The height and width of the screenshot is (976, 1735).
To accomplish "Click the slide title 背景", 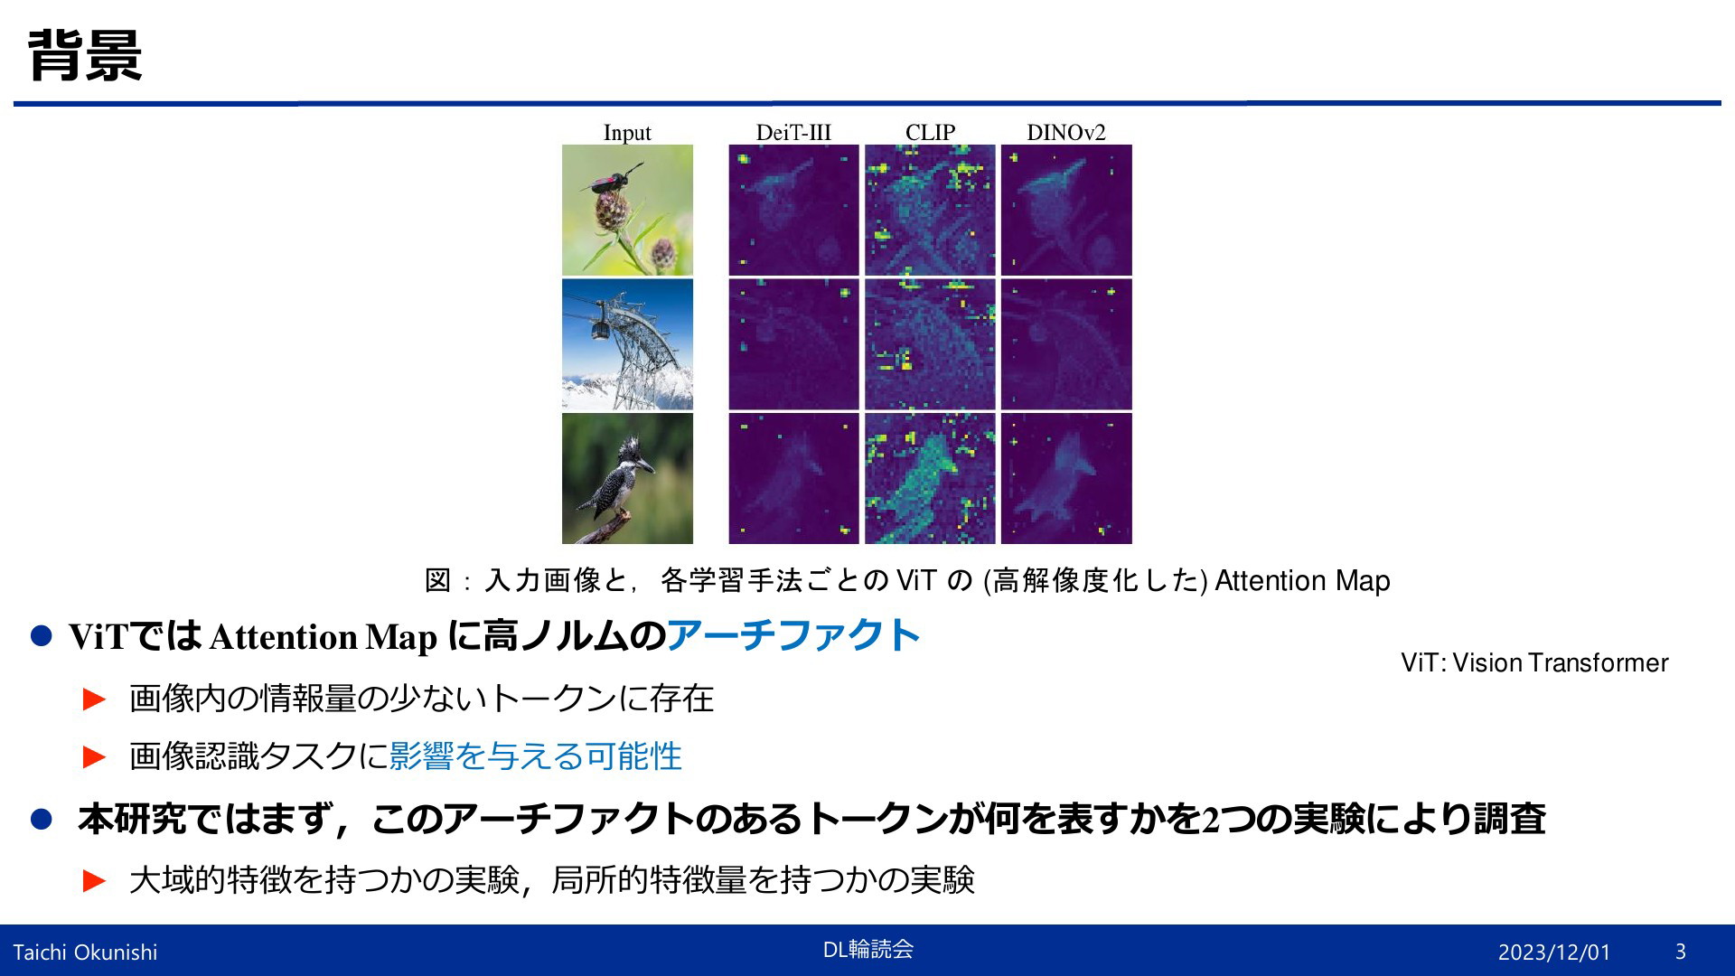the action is tap(85, 55).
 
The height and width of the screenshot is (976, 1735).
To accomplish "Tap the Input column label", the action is tap(627, 133).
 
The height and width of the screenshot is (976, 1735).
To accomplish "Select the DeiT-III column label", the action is tap(793, 133).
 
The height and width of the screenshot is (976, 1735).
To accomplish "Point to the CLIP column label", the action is tap(930, 133).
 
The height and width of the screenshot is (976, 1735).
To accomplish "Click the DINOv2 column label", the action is tap(1066, 133).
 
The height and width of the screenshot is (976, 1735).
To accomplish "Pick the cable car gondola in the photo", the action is tap(598, 327).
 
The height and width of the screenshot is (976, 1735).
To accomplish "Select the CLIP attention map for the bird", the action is tap(930, 478).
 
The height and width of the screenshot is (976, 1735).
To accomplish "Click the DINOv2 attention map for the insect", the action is tap(1066, 210).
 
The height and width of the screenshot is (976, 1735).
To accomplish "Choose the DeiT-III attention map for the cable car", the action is tap(793, 344).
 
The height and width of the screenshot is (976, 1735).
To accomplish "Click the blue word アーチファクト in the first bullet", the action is tap(793, 635).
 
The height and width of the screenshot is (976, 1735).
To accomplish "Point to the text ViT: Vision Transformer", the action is tap(1534, 662).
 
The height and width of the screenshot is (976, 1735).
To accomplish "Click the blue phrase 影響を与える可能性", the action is tap(535, 755).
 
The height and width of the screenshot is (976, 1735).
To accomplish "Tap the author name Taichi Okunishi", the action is tap(85, 952).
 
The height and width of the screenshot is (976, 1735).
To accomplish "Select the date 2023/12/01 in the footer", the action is tap(1554, 952).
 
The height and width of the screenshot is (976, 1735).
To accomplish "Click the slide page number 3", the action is tap(1681, 952).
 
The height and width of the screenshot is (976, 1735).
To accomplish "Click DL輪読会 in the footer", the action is tap(867, 949).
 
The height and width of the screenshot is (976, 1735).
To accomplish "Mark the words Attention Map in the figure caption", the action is tap(1302, 580).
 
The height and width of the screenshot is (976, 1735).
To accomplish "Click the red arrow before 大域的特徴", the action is tap(94, 880).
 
